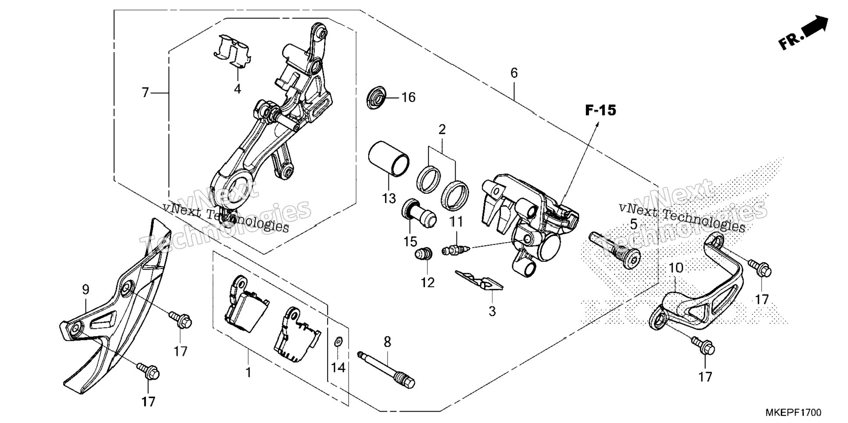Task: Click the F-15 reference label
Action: pyautogui.click(x=600, y=110)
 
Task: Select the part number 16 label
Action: pyautogui.click(x=408, y=97)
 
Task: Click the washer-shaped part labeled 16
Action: pyautogui.click(x=376, y=98)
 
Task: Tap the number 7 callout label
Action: pyautogui.click(x=146, y=93)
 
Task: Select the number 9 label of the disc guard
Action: pyautogui.click(x=86, y=289)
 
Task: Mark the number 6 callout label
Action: pyautogui.click(x=514, y=73)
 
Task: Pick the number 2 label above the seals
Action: pyautogui.click(x=442, y=130)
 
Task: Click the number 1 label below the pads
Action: pyautogui.click(x=249, y=373)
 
